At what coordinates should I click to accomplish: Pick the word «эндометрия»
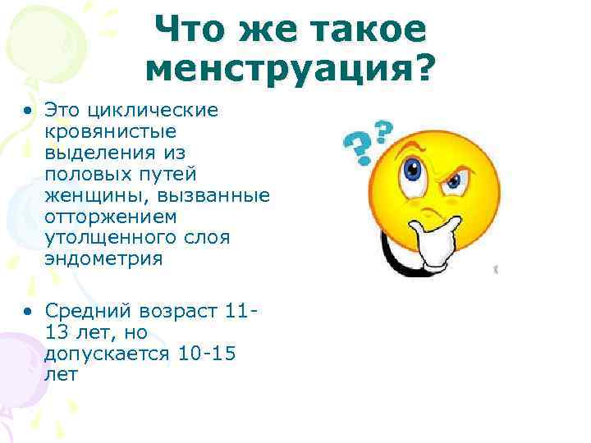pyautogui.click(x=104, y=259)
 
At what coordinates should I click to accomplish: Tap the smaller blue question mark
pyautogui.click(x=383, y=130)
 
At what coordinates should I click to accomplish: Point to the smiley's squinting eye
pyautogui.click(x=453, y=181)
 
